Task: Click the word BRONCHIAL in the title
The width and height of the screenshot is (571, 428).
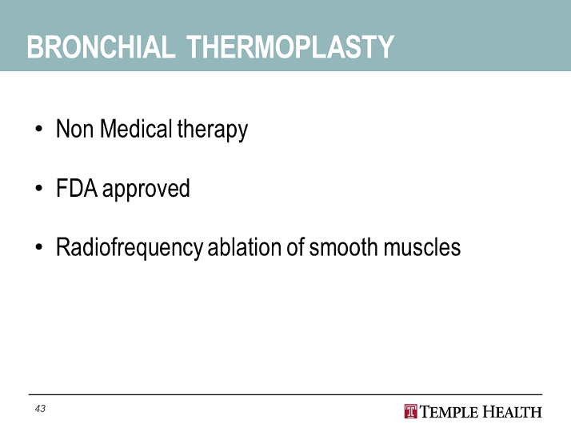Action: coord(101,46)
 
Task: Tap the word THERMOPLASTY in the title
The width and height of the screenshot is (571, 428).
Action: coord(290,46)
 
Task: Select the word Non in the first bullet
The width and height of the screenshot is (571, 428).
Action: coord(74,129)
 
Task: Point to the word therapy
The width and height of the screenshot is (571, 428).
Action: coord(213,130)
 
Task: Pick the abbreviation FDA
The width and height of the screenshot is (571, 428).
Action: coord(77,188)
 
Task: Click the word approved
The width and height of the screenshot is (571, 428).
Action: coord(146,190)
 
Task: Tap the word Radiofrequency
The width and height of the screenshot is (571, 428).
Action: coord(130,248)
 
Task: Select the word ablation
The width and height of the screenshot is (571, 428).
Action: coord(245,247)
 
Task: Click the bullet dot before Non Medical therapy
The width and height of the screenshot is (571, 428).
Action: coord(39,129)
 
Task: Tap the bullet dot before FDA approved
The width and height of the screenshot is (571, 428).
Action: coord(39,188)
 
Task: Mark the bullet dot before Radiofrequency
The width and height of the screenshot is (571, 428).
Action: coord(39,247)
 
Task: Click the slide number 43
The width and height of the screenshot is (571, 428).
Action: coord(40,409)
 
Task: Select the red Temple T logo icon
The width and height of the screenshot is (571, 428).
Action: coord(411,412)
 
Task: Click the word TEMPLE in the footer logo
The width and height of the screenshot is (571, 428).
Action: coord(449,412)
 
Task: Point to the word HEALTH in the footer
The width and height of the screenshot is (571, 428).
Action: coord(512,412)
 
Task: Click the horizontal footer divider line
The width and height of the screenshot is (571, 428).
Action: coord(285,394)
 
